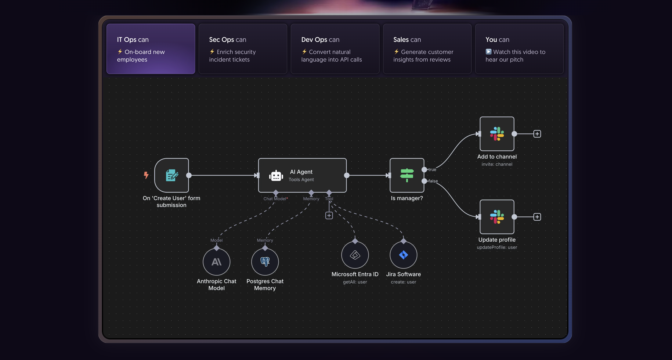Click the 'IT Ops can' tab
tap(151, 49)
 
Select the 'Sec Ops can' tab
tap(243, 49)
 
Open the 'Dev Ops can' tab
tap(335, 49)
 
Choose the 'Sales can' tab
tap(427, 49)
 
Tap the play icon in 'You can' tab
tap(489, 52)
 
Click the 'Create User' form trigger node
tap(171, 175)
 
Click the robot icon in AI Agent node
tap(276, 176)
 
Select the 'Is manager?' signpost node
tap(407, 175)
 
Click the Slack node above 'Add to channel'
tap(497, 134)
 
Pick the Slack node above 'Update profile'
tap(497, 217)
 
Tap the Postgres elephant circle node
tap(265, 262)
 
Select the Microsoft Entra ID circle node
tap(355, 255)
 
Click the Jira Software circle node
tap(403, 255)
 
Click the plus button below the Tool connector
tap(329, 216)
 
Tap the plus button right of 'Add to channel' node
tap(537, 134)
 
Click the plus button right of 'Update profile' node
tap(537, 217)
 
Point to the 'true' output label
tap(432, 170)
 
